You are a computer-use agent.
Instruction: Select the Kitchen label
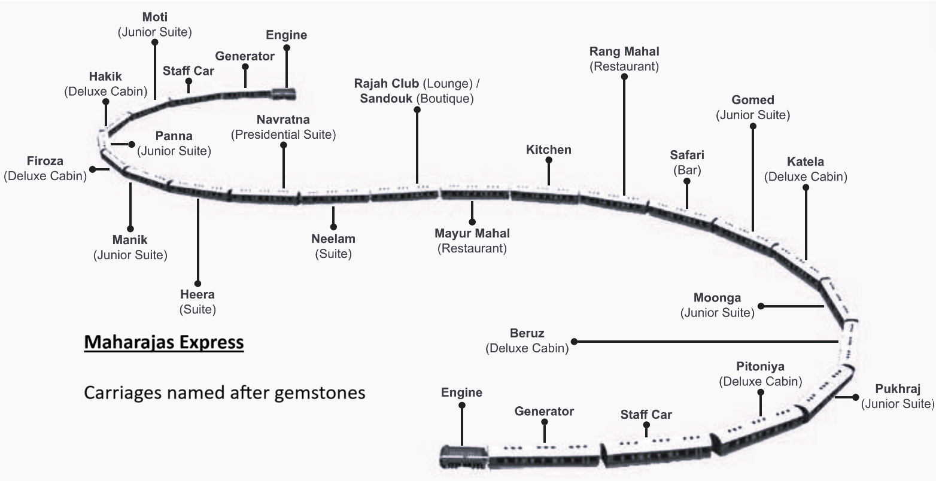[548, 150]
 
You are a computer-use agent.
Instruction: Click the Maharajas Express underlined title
[164, 343]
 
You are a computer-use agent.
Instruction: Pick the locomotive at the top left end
[284, 93]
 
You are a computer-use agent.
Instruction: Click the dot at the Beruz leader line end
[574, 342]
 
